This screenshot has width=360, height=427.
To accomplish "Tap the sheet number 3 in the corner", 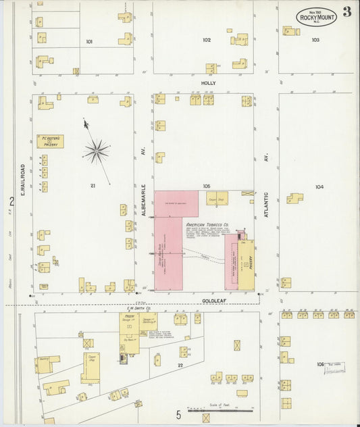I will [346, 11].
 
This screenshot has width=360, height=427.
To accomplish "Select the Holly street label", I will [207, 83].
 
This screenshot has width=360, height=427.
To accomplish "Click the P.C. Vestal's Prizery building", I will [50, 141].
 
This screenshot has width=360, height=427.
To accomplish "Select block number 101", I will [89, 41].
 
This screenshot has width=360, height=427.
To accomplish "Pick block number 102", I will [207, 40].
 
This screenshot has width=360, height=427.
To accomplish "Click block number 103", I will [315, 40].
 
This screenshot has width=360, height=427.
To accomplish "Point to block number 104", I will [319, 186].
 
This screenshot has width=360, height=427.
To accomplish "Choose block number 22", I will [180, 365].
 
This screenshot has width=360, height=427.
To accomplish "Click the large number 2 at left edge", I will [11, 201].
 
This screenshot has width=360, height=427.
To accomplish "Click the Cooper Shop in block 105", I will [217, 198].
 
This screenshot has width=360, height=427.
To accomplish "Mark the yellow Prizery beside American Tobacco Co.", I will [247, 265].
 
